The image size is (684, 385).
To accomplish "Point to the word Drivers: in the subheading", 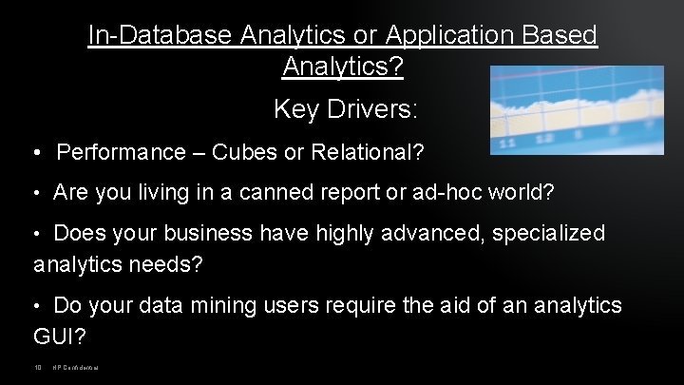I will (x=372, y=109).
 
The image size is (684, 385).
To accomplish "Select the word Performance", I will (x=123, y=153).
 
